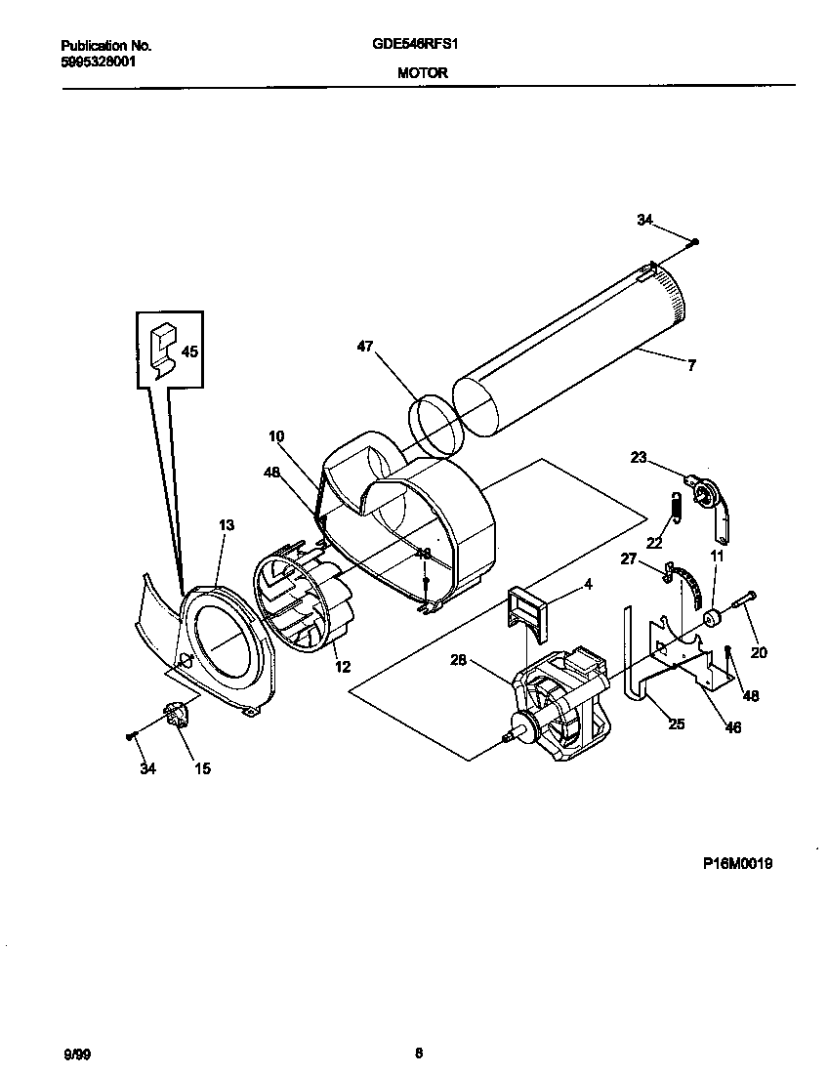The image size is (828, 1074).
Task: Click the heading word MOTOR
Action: (x=422, y=71)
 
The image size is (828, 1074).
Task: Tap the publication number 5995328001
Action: (x=98, y=60)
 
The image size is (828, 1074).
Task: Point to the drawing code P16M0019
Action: (x=737, y=863)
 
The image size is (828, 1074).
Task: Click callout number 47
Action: (x=364, y=346)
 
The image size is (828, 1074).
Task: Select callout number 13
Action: (x=227, y=525)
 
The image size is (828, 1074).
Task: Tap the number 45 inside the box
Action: (x=189, y=352)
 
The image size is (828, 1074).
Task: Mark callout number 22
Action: (x=654, y=544)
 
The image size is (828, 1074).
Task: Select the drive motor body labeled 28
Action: (x=561, y=703)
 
